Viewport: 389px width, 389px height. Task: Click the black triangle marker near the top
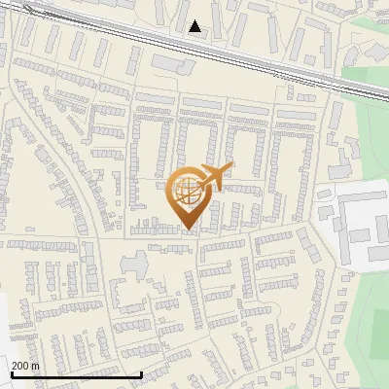pyautogui.click(x=195, y=26)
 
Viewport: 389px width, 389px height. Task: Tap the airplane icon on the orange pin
pyautogui.click(x=214, y=177)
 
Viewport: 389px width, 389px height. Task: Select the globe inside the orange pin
pyautogui.click(x=187, y=192)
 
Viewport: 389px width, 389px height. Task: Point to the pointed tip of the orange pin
pyautogui.click(x=188, y=230)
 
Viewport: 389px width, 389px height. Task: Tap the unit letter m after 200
pyautogui.click(x=36, y=366)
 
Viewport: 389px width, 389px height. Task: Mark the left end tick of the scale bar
pyautogui.click(x=12, y=374)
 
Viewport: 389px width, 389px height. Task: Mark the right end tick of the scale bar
pyautogui.click(x=142, y=374)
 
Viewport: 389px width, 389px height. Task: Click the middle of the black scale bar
pyautogui.click(x=77, y=375)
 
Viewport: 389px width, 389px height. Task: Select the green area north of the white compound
pyautogui.click(x=365, y=126)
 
